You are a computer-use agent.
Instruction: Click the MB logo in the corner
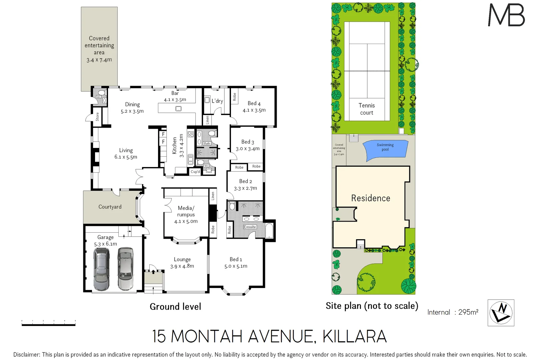(506, 15)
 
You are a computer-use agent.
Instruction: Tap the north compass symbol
(501, 313)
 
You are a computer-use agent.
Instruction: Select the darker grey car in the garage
(101, 269)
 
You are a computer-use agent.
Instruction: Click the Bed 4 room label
(254, 103)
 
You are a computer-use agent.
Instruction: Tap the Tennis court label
(367, 109)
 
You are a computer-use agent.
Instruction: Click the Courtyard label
(110, 207)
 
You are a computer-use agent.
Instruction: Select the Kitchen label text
(174, 146)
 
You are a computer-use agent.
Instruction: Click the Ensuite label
(250, 227)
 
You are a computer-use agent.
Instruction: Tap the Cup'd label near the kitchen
(195, 172)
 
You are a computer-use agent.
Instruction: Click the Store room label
(97, 117)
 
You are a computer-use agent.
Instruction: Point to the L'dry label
(217, 101)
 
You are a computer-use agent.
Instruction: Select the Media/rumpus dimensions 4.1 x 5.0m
(186, 221)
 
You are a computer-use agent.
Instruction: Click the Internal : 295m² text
(453, 312)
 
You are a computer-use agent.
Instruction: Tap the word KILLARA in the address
(355, 336)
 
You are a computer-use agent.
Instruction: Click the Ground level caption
(175, 307)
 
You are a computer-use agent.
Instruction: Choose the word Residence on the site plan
(371, 198)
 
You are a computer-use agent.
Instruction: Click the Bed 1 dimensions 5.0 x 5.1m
(236, 266)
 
